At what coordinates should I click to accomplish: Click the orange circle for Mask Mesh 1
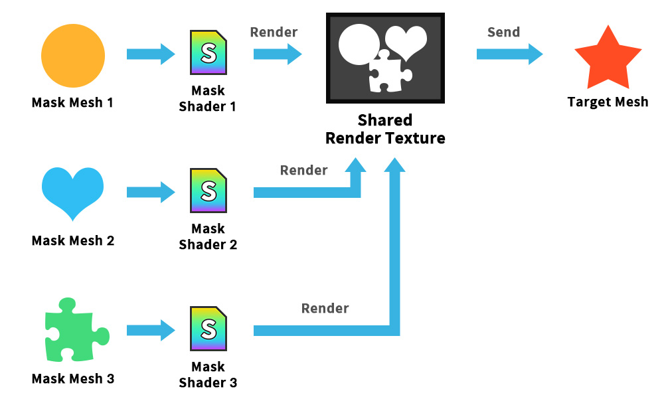click(73, 56)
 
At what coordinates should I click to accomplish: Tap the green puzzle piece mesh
click(76, 330)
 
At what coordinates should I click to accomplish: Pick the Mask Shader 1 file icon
click(208, 52)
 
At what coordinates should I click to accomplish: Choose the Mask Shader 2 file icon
click(208, 191)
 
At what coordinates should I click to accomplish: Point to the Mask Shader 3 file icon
click(208, 329)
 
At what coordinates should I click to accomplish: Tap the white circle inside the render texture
click(359, 44)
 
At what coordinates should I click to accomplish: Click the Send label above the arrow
click(503, 32)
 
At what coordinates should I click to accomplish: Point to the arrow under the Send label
click(509, 54)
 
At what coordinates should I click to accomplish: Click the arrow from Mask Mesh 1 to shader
click(151, 54)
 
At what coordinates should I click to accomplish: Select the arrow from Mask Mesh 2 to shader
click(151, 193)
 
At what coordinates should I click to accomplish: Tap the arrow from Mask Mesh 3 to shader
click(151, 330)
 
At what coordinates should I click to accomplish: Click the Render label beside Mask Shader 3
click(325, 308)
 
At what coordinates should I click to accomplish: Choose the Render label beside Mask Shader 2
click(303, 170)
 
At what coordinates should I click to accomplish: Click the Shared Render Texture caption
click(385, 129)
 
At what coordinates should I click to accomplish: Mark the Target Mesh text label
click(608, 102)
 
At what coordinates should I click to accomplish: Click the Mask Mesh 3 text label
click(73, 378)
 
